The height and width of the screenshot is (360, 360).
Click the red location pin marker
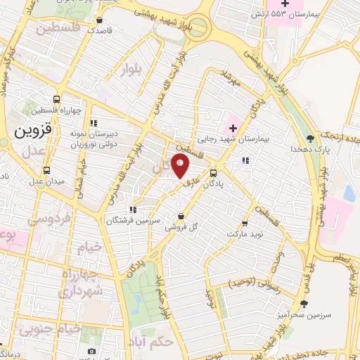click(181, 166)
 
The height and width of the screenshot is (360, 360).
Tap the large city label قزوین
click(31, 131)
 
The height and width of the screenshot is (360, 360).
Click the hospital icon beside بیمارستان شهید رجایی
click(231, 129)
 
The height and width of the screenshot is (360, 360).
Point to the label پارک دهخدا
click(309, 149)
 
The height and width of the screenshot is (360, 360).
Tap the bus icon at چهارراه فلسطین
click(57, 98)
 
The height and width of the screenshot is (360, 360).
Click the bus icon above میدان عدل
click(47, 170)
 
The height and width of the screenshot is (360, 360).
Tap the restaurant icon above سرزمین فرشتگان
click(132, 210)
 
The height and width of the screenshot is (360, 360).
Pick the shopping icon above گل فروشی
click(182, 216)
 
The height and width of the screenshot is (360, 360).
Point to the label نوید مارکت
click(244, 233)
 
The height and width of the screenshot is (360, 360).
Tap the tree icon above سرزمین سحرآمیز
click(304, 304)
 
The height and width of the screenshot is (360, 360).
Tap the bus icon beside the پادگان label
click(214, 173)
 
